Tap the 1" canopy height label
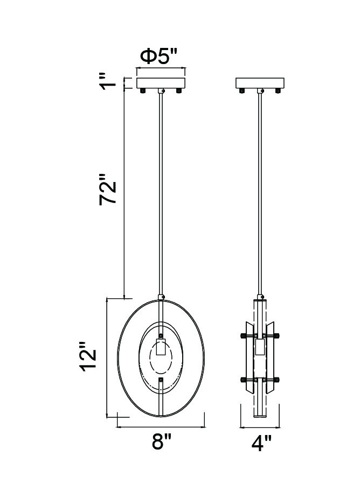click(109, 81)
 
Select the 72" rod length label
click(108, 189)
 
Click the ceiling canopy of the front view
click(161, 83)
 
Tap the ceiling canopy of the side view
click(260, 83)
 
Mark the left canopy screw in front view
click(142, 90)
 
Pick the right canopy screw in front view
click(178, 90)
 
